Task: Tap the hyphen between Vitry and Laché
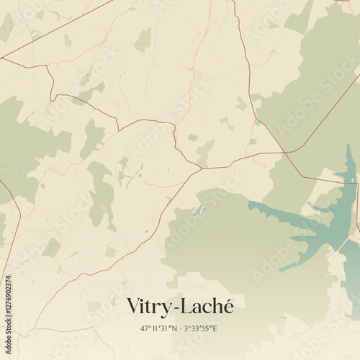coord(176,307)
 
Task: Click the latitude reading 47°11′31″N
coord(160,328)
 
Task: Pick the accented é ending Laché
coord(228,305)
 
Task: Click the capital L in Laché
coord(186,305)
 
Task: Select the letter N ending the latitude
coord(175,328)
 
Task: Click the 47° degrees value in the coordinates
coord(145,328)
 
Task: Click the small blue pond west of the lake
coord(197,210)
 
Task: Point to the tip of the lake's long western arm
coord(251,204)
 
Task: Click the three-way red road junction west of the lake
coord(201,168)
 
